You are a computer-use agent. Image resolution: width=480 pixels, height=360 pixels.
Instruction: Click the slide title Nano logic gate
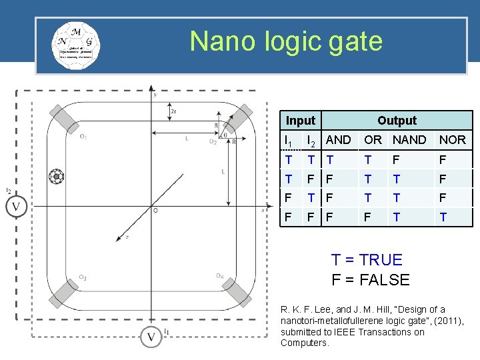(x=286, y=41)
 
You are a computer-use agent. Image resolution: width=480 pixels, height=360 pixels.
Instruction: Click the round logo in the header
(x=76, y=45)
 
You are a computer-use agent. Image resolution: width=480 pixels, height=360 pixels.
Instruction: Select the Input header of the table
(x=300, y=121)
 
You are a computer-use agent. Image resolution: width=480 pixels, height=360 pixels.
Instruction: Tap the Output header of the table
(x=397, y=121)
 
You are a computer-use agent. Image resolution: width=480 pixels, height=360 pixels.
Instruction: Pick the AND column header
(x=338, y=140)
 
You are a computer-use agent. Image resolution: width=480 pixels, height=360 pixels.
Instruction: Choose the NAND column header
(x=409, y=140)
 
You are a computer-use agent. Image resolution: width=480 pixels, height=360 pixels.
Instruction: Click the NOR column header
(x=453, y=140)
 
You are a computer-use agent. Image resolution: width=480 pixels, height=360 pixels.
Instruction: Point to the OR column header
(x=373, y=140)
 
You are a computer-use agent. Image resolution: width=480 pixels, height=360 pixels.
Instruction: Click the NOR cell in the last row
(x=443, y=217)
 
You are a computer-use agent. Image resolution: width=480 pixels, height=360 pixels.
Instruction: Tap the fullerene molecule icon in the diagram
(x=57, y=177)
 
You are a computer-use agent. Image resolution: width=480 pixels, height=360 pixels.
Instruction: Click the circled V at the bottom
(x=151, y=337)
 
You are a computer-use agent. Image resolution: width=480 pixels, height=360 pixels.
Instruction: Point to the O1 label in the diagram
(x=83, y=137)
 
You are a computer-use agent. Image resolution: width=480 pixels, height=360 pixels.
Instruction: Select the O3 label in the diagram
(x=83, y=277)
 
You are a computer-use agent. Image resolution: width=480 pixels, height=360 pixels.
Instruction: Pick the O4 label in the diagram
(x=219, y=276)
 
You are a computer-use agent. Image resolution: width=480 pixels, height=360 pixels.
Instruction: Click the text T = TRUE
(x=367, y=260)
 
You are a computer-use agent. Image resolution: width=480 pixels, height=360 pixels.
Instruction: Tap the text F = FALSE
(x=371, y=280)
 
